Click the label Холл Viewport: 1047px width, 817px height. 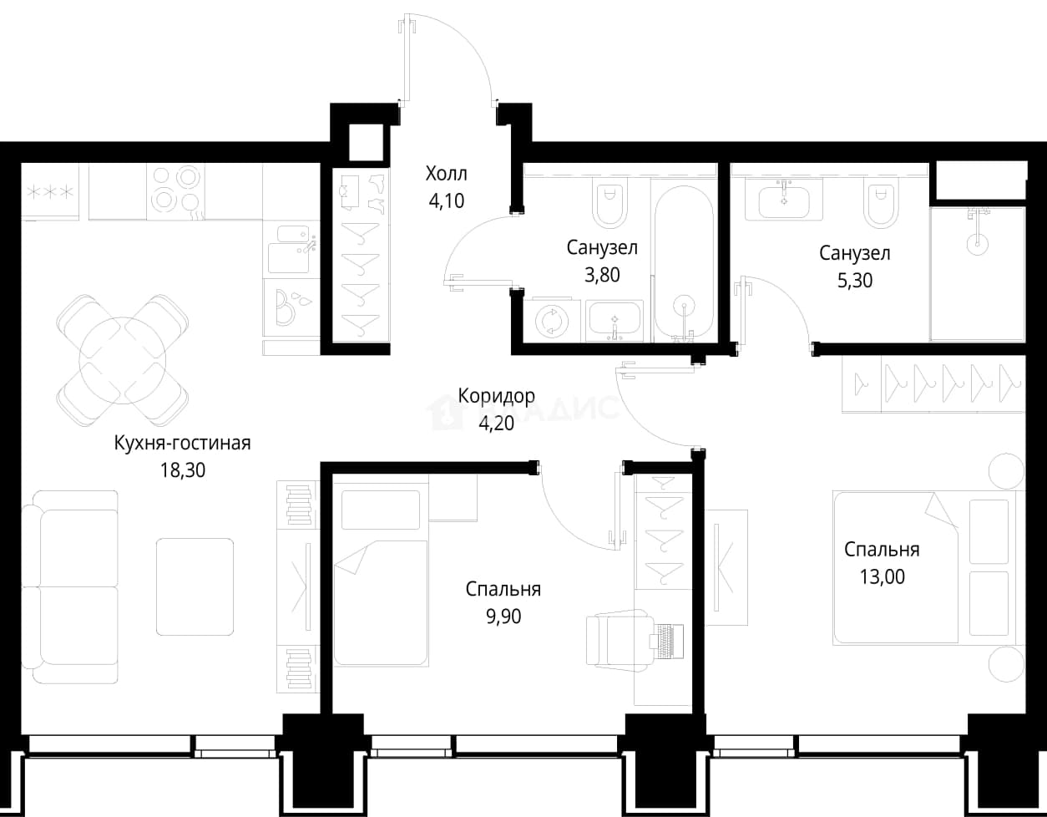coord(446,174)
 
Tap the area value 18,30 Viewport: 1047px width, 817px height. coord(183,470)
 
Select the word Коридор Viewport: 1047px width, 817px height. coord(496,396)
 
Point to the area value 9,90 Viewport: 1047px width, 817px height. coord(503,617)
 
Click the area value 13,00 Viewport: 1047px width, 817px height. coord(883,576)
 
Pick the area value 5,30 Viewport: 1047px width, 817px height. coord(855,281)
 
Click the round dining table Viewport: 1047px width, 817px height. coord(123,361)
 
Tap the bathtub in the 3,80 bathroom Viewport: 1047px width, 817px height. coord(684,262)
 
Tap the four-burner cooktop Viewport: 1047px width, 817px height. coord(176,192)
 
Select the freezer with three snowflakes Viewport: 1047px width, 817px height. coord(50,192)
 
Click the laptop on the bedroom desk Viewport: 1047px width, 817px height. coord(667,641)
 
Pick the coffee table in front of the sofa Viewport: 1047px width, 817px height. coord(195,586)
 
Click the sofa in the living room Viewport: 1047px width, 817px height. coord(70,586)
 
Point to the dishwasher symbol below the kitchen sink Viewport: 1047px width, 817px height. coord(291,307)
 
